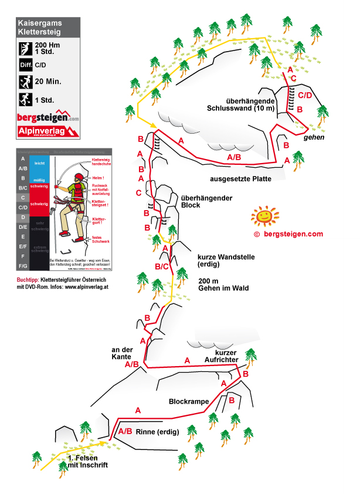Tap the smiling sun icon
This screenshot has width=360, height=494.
264,217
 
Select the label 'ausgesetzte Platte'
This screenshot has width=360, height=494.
238,179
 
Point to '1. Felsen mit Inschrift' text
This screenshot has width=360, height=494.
88,461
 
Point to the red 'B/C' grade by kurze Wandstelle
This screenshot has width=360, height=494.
161,267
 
